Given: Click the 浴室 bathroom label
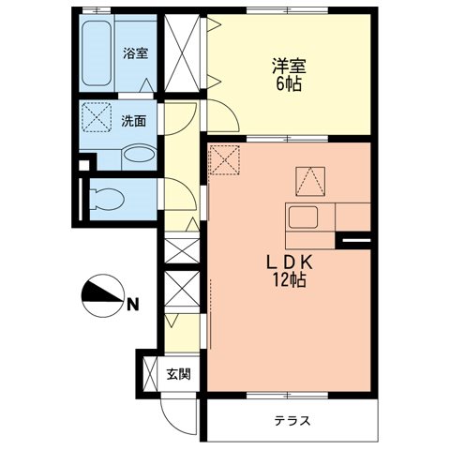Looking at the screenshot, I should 135,53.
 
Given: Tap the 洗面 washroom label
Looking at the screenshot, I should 134,121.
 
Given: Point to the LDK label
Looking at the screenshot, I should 287,262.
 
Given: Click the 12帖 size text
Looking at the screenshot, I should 288,280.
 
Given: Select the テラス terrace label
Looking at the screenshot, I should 293,421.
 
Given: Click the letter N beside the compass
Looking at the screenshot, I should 133,303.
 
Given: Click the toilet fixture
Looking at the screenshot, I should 103,199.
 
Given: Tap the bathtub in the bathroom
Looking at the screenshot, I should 96,52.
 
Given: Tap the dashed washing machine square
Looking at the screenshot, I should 96,120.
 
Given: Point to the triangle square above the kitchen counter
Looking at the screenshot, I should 309,179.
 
